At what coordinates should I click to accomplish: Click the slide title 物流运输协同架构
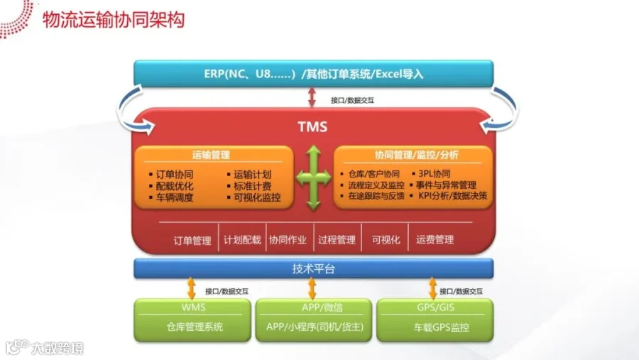tap(114, 19)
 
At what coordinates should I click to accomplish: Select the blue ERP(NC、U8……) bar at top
tap(313, 73)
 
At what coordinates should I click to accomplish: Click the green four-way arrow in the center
tap(313, 178)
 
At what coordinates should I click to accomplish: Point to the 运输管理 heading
tap(211, 154)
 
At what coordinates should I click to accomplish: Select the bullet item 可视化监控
tap(257, 197)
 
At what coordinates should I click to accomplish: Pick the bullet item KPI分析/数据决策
tap(452, 197)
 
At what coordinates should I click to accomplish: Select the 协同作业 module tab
tap(288, 240)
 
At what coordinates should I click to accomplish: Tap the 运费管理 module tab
tap(435, 240)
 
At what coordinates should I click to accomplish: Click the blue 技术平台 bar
tap(313, 268)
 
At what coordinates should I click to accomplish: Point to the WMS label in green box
tap(193, 307)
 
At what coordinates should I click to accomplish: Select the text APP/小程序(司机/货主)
tap(313, 327)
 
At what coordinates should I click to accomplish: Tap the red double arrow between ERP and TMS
tap(312, 99)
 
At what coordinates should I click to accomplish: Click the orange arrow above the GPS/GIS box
tap(433, 288)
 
